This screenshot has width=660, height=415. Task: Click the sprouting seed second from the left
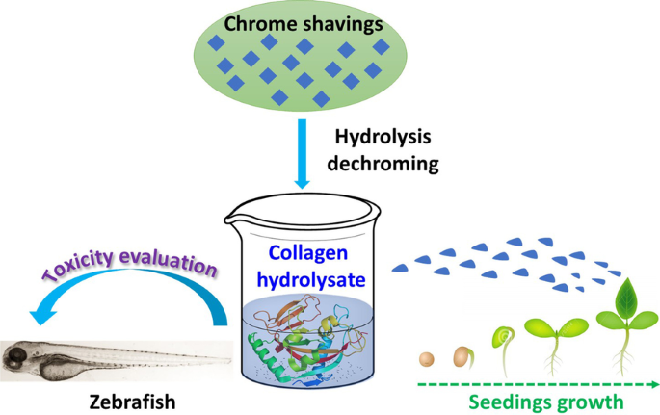tap(462, 356)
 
